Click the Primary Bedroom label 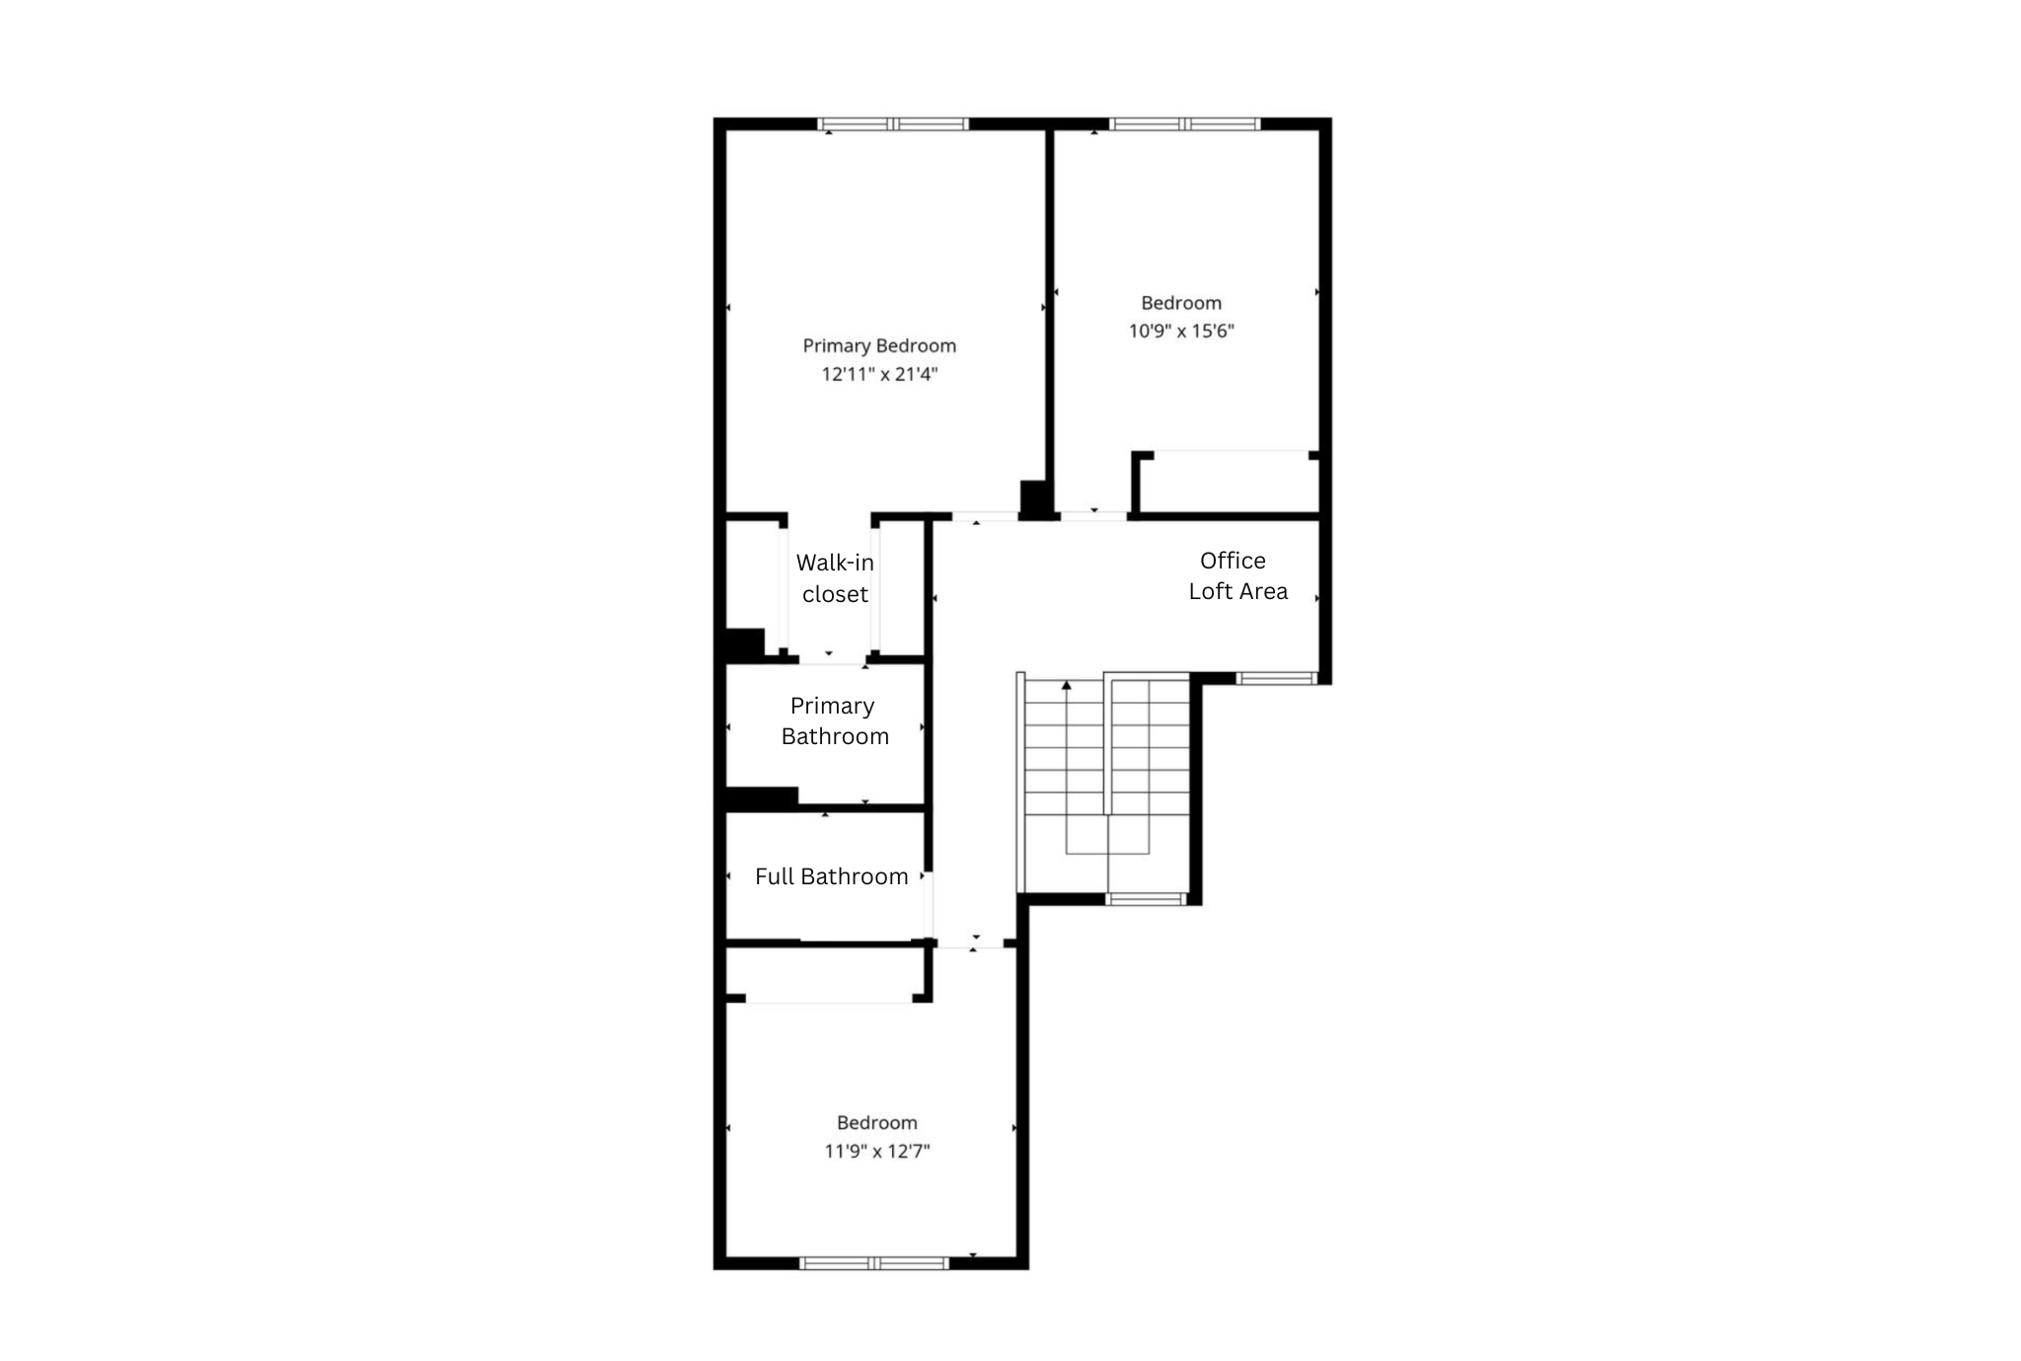tap(878, 345)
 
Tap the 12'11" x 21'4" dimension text tap(878, 374)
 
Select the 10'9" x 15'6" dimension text tap(1181, 331)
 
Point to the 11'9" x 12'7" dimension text tap(877, 1151)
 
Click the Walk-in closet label tap(835, 578)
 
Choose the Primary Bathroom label tap(834, 721)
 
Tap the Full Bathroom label tap(831, 876)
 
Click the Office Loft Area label tap(1236, 575)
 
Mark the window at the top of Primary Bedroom tap(893, 124)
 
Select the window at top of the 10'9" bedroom tap(1184, 124)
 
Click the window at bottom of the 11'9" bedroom tap(874, 1263)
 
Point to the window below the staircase tap(1145, 899)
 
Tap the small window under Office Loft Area tap(1277, 678)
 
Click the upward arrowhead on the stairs tap(1066, 684)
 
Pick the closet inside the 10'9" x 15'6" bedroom tap(1229, 484)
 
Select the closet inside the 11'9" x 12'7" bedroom tap(827, 973)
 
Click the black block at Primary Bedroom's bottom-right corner tap(1034, 498)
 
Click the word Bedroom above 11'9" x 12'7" tap(876, 1122)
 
